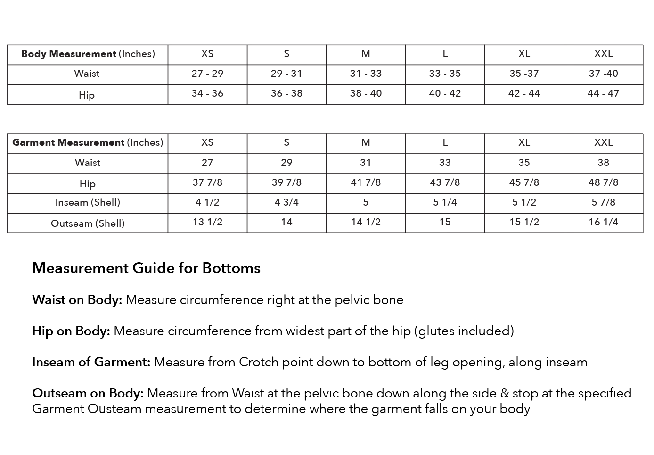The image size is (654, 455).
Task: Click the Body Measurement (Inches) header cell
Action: pyautogui.click(x=88, y=54)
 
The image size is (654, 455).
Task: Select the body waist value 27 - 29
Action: pyautogui.click(x=207, y=74)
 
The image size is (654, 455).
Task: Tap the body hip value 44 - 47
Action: pyautogui.click(x=603, y=93)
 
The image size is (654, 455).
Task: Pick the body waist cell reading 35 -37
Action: pyautogui.click(x=524, y=74)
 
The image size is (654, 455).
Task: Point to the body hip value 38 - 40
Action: pyautogui.click(x=366, y=93)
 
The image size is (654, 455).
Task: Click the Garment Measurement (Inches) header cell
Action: pyautogui.click(x=88, y=142)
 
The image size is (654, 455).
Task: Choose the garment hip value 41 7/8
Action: pyautogui.click(x=366, y=182)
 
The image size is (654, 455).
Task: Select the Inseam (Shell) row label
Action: pyautogui.click(x=88, y=202)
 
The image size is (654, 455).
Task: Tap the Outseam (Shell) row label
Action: pyautogui.click(x=88, y=223)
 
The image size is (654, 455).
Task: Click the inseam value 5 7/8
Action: pyautogui.click(x=603, y=202)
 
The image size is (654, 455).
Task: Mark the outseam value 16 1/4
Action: pyautogui.click(x=603, y=222)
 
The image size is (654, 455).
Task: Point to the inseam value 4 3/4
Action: pyautogui.click(x=286, y=202)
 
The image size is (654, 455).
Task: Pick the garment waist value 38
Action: pyautogui.click(x=603, y=163)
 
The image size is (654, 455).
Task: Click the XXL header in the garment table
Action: pyautogui.click(x=603, y=142)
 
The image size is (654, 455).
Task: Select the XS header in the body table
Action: pyautogui.click(x=207, y=54)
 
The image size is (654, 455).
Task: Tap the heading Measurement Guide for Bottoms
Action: pyautogui.click(x=146, y=268)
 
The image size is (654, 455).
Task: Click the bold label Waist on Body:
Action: pyautogui.click(x=77, y=300)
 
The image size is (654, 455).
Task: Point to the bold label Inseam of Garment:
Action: pyautogui.click(x=91, y=362)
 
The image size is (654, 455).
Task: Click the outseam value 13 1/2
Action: pyautogui.click(x=207, y=222)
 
